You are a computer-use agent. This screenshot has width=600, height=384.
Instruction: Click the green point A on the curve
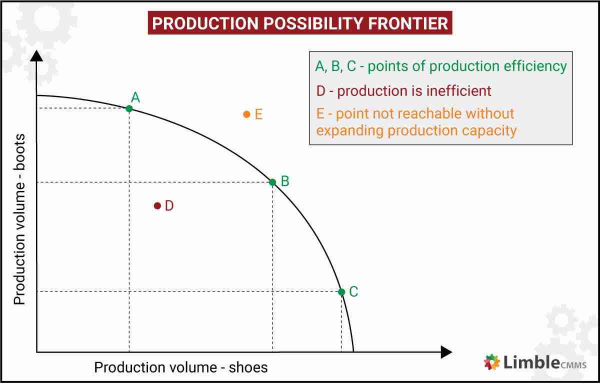click(129, 108)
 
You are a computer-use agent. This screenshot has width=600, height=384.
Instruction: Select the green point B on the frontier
click(272, 182)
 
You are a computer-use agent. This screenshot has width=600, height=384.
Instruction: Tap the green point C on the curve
click(341, 292)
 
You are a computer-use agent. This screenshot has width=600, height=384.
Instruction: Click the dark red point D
click(157, 205)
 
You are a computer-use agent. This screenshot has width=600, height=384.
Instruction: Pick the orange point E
click(246, 114)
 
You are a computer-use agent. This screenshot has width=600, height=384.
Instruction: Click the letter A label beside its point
click(135, 97)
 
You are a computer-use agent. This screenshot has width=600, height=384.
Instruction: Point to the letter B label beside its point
click(285, 181)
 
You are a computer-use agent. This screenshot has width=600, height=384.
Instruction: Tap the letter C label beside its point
click(353, 291)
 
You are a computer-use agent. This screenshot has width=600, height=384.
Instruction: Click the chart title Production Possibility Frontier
click(299, 23)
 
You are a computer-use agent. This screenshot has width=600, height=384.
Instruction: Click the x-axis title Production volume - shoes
click(181, 367)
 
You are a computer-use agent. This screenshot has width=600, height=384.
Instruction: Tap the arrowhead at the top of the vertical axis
click(36, 55)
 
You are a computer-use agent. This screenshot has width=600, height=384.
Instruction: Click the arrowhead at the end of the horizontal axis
click(446, 352)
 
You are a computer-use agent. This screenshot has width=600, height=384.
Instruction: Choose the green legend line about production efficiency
click(440, 66)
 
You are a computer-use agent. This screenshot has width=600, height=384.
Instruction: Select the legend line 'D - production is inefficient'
click(403, 91)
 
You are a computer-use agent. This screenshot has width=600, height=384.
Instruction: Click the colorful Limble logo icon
click(492, 362)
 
